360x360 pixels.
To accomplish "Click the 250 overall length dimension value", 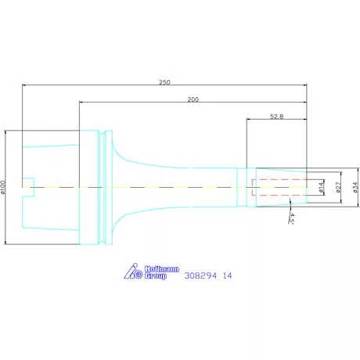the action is [x=164, y=82].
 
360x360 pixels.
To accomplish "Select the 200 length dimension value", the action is [x=193, y=99].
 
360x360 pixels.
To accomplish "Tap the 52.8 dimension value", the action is [x=276, y=117].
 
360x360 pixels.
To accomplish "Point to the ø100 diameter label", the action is [x=3, y=187].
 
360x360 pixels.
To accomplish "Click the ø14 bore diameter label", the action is [x=322, y=187].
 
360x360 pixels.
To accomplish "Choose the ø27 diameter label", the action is [x=338, y=187].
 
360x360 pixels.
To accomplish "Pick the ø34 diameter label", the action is [x=355, y=187].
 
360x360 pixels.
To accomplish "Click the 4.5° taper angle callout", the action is [x=292, y=218].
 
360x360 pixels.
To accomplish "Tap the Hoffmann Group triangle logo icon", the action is [x=133, y=271].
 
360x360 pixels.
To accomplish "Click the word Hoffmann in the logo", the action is [x=162, y=269].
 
